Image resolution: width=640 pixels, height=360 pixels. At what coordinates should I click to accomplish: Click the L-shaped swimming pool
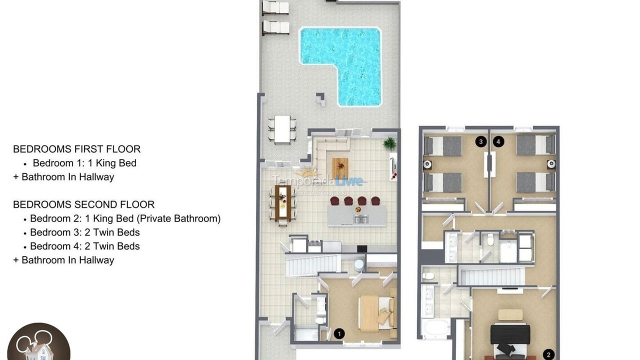point(350,55)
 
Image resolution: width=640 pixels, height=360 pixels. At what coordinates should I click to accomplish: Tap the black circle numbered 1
point(339,333)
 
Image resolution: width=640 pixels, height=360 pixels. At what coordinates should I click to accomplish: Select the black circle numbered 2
point(548,354)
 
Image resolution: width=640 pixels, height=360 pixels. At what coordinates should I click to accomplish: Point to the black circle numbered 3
point(481,142)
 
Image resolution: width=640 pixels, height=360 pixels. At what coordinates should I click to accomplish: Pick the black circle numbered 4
point(498,142)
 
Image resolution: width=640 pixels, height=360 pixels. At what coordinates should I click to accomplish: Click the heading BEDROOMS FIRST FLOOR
point(76,149)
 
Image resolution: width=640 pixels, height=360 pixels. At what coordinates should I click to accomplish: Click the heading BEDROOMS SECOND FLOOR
point(83,204)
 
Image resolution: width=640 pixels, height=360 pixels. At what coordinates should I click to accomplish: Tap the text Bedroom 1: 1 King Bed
point(84,163)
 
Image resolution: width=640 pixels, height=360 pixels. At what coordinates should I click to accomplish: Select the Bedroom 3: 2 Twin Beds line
point(84,232)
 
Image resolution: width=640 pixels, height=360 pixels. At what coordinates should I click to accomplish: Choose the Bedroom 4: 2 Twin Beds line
point(84,246)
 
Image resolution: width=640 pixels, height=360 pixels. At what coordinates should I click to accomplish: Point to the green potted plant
point(389,144)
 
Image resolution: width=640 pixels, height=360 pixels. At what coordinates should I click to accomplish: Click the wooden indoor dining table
point(283,202)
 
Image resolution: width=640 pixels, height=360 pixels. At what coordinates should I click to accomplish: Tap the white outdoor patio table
point(282,129)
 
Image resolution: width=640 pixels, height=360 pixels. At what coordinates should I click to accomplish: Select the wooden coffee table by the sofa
point(339,168)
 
